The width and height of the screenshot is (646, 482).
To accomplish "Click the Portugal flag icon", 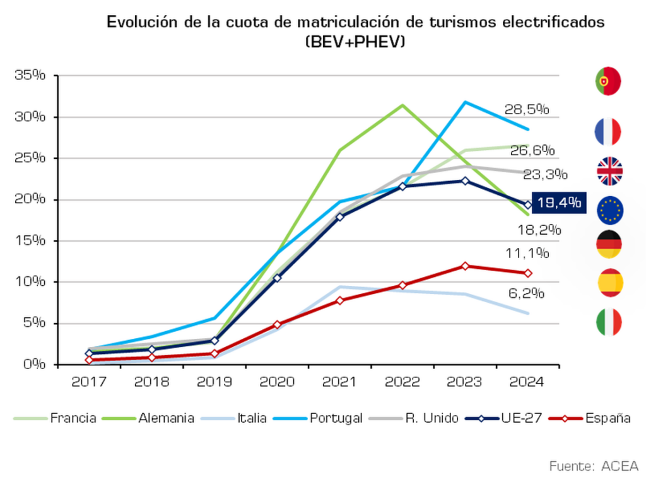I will coord(608,81).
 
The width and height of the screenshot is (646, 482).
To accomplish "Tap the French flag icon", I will coord(608,132).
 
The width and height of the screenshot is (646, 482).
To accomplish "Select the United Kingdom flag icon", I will coord(609,171).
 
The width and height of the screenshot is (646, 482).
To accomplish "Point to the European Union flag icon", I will coord(609,210).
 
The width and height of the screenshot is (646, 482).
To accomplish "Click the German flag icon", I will coord(609,244).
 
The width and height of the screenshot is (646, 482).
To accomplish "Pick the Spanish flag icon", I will coord(610,283).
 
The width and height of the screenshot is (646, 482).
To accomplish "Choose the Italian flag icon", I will coord(609,322).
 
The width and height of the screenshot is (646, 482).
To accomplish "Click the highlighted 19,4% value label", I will coord(558,203).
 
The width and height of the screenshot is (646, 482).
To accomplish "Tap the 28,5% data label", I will coord(526,109).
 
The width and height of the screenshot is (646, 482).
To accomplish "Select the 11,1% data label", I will coord(527,254).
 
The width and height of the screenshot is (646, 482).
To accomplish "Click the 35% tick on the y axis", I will coord(31,76).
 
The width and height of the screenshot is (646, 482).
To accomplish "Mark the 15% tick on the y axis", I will coord(31,240).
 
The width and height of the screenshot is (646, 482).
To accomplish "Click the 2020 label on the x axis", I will coord(277,382).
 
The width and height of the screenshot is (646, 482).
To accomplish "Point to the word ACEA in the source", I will coord(620,466).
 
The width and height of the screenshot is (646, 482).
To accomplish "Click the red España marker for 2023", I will coord(465,266).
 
